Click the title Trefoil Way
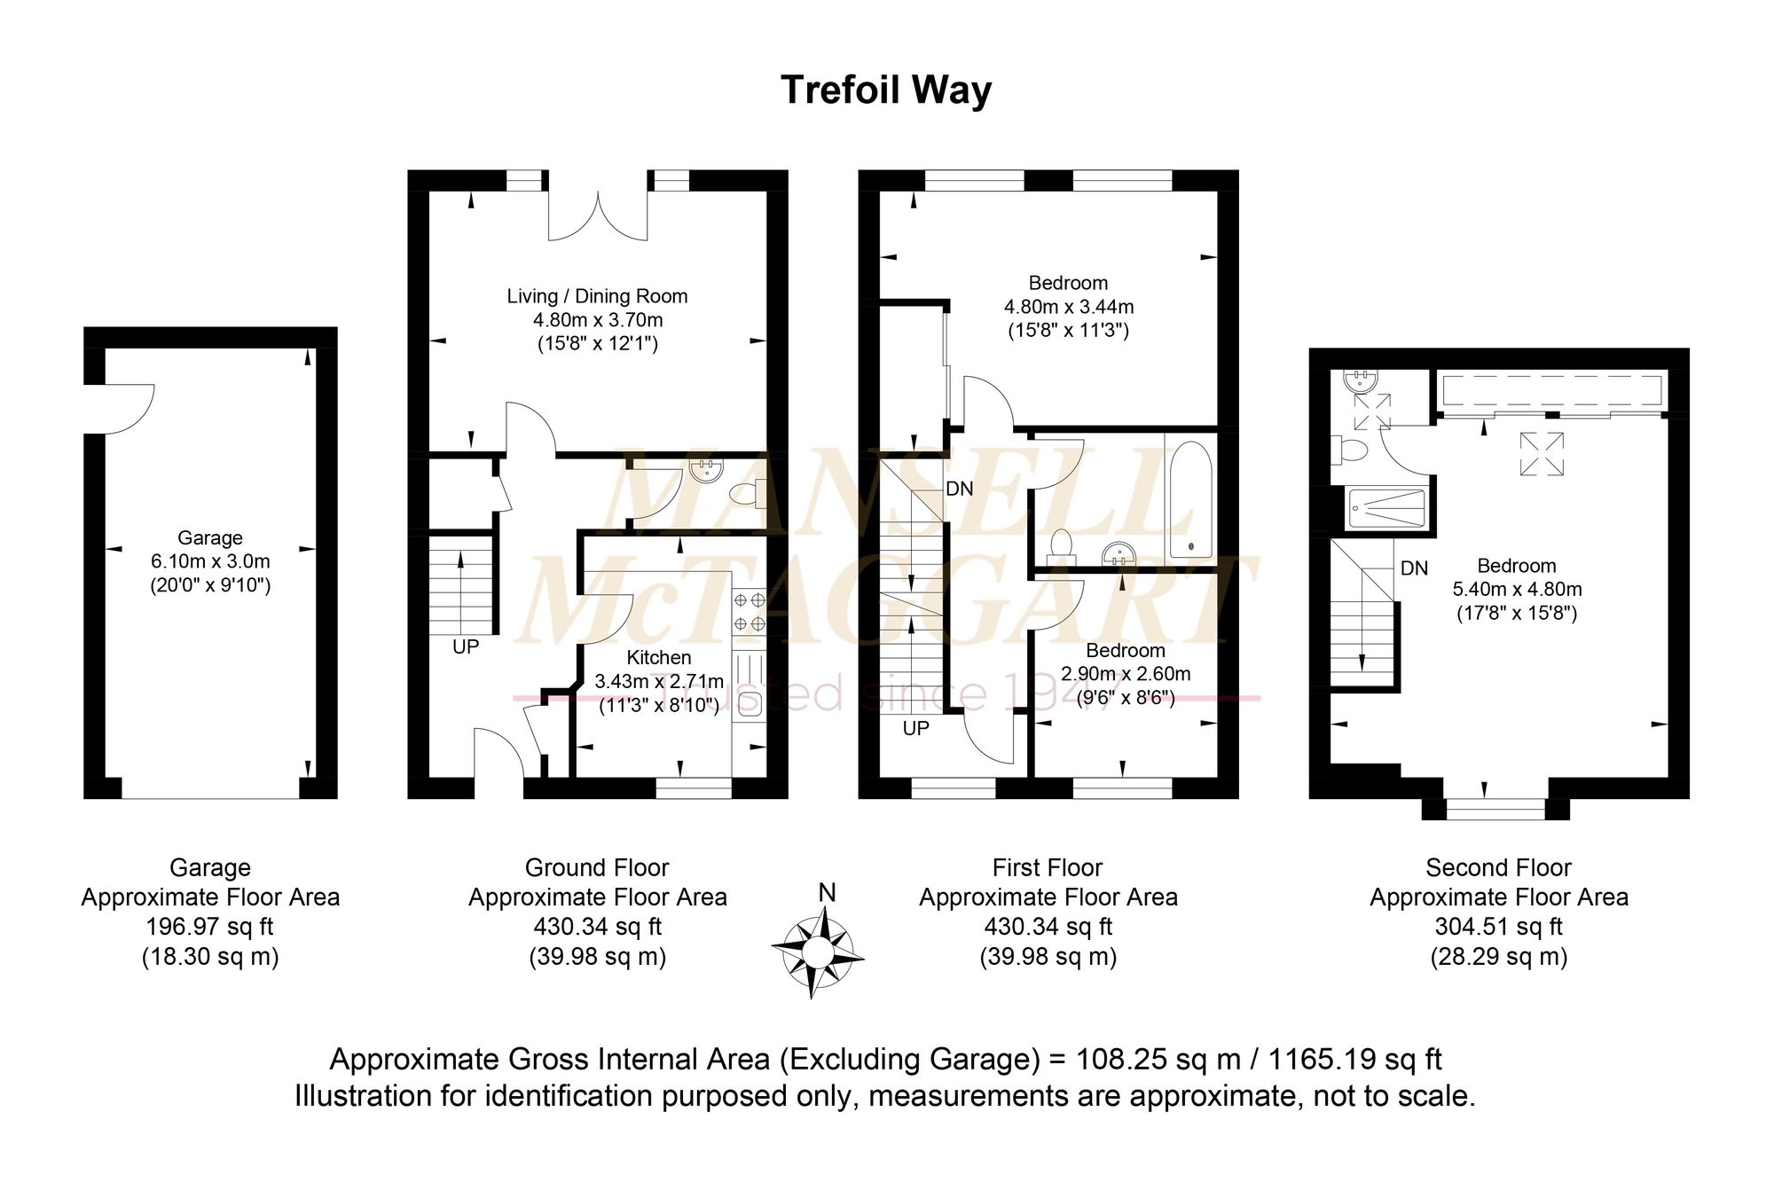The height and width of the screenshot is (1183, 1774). (x=886, y=90)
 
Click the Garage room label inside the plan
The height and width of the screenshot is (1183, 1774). (x=210, y=537)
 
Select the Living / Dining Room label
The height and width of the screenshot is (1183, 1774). (x=597, y=296)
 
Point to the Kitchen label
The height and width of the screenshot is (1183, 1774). (x=659, y=657)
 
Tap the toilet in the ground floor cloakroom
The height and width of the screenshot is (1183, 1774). (x=747, y=494)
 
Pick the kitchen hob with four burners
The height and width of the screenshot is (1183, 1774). (x=749, y=612)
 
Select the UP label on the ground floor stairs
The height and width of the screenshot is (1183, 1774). (x=466, y=647)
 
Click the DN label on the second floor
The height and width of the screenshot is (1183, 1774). (x=1414, y=568)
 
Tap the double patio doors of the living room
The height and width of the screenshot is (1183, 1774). (x=598, y=215)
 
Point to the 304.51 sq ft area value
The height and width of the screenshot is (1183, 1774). (x=1499, y=927)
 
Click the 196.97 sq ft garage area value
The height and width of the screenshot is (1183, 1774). (x=210, y=927)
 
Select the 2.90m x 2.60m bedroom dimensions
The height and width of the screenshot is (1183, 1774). (x=1126, y=674)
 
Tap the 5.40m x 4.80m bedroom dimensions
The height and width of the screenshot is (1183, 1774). (x=1517, y=589)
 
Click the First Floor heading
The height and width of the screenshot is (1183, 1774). (x=1048, y=867)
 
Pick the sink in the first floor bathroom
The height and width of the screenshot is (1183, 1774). (x=1120, y=555)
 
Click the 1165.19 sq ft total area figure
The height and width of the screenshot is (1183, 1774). (x=1355, y=1059)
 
